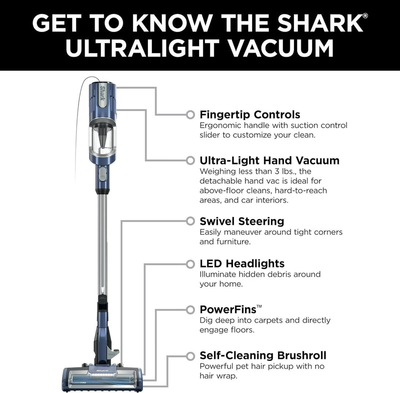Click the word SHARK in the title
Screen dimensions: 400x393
(320, 23)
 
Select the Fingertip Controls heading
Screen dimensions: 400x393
(249, 115)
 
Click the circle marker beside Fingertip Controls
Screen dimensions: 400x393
(190, 115)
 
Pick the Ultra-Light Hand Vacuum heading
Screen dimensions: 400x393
(269, 161)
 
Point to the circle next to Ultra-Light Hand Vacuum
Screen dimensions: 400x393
(190, 160)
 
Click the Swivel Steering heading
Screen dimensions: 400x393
(242, 221)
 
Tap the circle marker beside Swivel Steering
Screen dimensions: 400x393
(190, 221)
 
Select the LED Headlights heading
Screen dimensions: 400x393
(242, 263)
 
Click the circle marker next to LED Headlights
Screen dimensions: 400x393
(190, 264)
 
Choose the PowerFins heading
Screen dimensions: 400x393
(230, 309)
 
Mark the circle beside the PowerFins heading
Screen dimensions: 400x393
(190, 310)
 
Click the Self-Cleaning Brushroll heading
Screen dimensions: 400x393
(263, 355)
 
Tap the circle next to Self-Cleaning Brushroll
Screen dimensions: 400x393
(190, 356)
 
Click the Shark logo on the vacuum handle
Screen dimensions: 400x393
(102, 94)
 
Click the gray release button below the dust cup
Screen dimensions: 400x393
(102, 174)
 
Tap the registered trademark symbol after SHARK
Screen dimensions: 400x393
(365, 16)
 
